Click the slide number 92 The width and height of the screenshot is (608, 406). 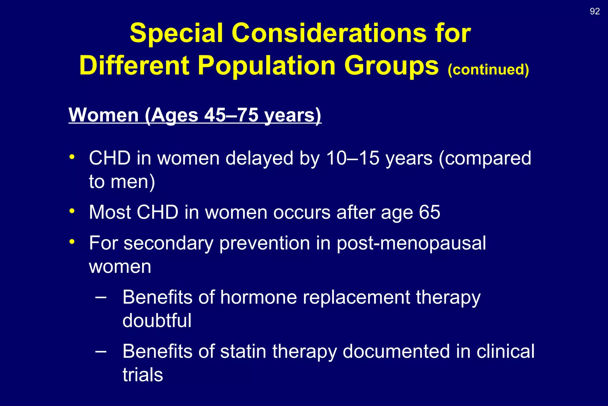coord(595,11)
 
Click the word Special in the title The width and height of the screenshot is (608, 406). coord(176,33)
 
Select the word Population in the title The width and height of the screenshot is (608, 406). coord(266,66)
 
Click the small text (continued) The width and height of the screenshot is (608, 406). coord(488,70)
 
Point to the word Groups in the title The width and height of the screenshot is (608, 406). coord(391,66)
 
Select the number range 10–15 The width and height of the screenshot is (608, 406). coord(353,158)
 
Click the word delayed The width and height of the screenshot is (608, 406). coord(259,158)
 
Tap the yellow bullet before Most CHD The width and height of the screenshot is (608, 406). coord(72,211)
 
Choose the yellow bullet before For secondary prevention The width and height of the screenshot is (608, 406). coord(72,241)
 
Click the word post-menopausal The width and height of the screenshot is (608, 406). coord(411,243)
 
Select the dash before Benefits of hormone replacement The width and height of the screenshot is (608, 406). coord(101,297)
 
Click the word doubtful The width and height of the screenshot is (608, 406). coord(157,321)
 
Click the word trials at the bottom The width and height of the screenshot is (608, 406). coord(143,375)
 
